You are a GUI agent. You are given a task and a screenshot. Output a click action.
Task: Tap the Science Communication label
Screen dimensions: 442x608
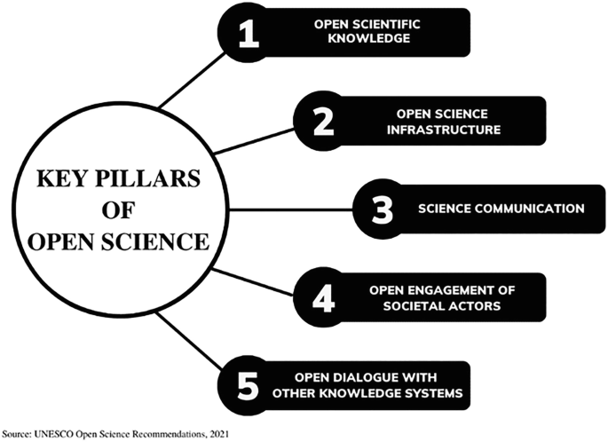pyautogui.click(x=501, y=209)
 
